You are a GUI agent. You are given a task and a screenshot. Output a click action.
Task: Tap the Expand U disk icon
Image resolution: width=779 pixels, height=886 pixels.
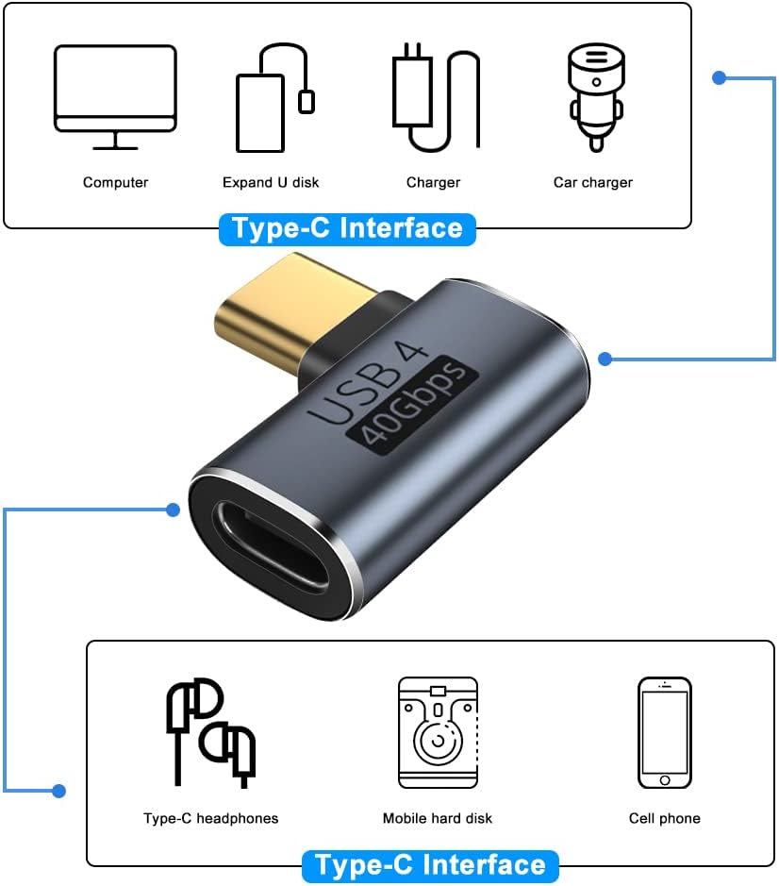coord(273,97)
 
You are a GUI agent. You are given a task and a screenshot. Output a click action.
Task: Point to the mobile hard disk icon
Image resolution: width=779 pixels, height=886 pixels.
coord(438,732)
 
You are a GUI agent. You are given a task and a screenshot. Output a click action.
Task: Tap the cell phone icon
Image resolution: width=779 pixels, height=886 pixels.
coord(664,732)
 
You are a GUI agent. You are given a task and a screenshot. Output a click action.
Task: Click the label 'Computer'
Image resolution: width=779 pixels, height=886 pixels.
coord(115,182)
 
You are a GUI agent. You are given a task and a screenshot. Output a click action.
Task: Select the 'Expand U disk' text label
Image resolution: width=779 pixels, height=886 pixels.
coord(271,182)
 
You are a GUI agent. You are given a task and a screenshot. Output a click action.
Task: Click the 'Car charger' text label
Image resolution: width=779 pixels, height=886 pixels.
coord(593,182)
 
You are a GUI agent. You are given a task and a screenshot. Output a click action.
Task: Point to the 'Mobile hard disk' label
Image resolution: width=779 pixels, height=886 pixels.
coord(438,818)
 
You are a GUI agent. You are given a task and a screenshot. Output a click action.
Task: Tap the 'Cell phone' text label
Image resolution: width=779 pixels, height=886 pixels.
coord(665,818)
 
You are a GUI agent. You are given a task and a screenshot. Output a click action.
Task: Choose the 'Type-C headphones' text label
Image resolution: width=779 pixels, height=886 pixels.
coord(211,818)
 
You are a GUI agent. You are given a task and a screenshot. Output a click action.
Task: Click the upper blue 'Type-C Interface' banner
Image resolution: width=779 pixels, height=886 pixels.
coord(347,229)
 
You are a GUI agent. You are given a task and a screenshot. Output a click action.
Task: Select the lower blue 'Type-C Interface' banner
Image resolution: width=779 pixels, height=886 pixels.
coord(430,865)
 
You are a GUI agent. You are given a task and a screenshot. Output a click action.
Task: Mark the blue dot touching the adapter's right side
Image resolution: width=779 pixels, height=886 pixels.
coord(605,359)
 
